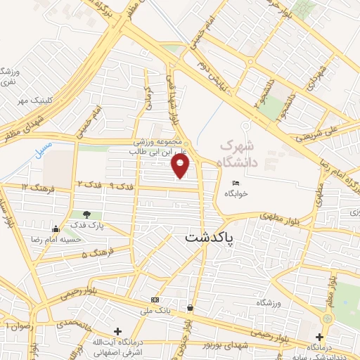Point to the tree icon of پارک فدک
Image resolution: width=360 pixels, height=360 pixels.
(x=86, y=214)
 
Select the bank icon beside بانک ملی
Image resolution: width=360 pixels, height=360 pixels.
(x=155, y=300)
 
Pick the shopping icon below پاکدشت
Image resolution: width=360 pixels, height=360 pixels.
(x=191, y=307)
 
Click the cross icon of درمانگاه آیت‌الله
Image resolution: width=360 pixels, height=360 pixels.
(x=118, y=330)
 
